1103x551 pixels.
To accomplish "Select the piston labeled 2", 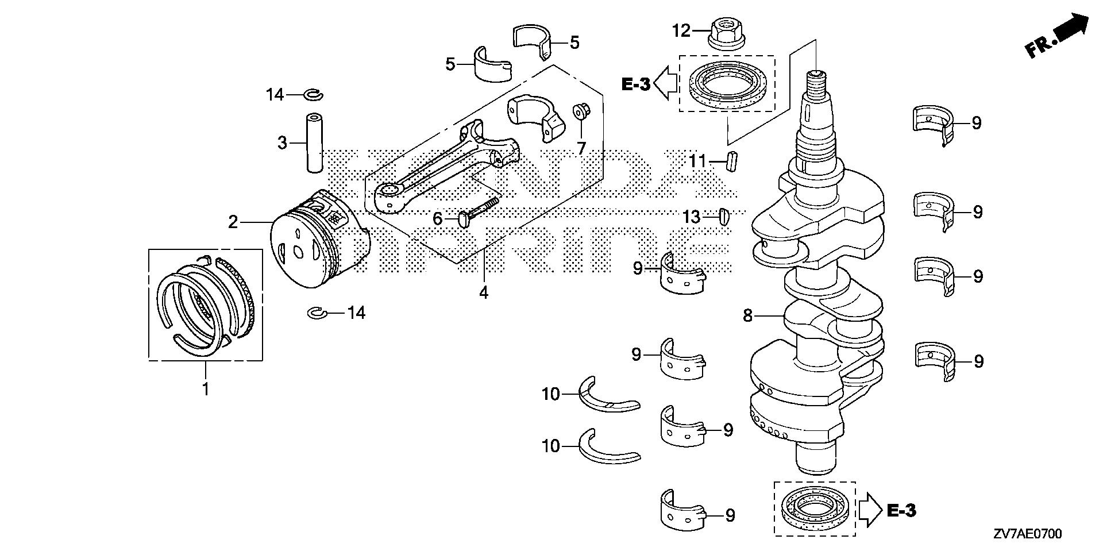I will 319,241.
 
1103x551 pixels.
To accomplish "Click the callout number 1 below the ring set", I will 205,389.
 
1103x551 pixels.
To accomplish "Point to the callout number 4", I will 484,292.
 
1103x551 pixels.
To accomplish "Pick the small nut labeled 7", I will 580,111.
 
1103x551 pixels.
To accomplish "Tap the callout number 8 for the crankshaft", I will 747,315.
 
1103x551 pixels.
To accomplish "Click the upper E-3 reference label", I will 636,85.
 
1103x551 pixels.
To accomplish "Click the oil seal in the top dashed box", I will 727,84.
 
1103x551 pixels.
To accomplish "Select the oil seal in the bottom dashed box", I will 814,508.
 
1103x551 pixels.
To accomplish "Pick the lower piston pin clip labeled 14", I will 317,313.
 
